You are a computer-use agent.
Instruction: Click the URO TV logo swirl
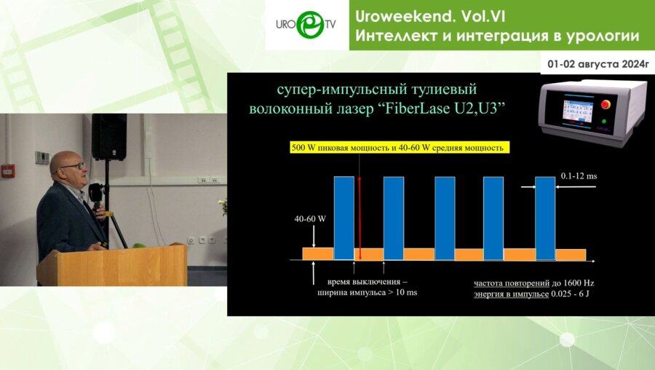[x=310, y=24]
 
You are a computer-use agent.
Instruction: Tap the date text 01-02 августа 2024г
[x=598, y=64]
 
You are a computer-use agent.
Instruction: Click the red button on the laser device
[x=606, y=105]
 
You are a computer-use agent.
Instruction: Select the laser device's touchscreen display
[x=579, y=111]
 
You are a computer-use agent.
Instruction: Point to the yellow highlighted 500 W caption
[x=400, y=148]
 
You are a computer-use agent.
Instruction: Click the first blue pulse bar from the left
[x=344, y=218]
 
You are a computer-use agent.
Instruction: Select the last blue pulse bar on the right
[x=546, y=219]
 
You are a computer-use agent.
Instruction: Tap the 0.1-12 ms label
[x=579, y=176]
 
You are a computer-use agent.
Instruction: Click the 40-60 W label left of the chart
[x=310, y=219]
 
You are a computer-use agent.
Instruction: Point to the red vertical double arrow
[x=360, y=219]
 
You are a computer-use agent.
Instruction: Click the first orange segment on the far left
[x=318, y=253]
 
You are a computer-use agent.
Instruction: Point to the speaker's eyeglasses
[x=73, y=166]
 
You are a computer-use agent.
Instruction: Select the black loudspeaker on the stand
[x=109, y=137]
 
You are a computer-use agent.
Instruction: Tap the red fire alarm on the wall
[x=8, y=170]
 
